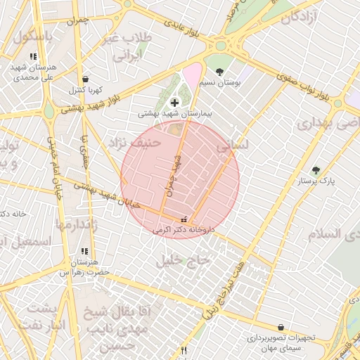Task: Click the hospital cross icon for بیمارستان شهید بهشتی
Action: click(x=174, y=103)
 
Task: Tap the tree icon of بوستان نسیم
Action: click(x=220, y=72)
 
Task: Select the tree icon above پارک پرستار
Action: click(x=315, y=170)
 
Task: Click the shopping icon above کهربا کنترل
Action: click(x=85, y=79)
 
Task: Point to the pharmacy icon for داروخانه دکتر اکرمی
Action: click(x=184, y=219)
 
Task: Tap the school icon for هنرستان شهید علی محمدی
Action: click(x=33, y=56)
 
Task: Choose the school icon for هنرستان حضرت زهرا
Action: click(x=84, y=251)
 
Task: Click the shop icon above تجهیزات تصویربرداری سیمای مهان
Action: click(x=281, y=327)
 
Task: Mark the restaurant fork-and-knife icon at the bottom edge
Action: click(x=184, y=350)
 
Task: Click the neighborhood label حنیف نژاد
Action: click(x=134, y=143)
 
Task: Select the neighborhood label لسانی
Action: click(x=233, y=145)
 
